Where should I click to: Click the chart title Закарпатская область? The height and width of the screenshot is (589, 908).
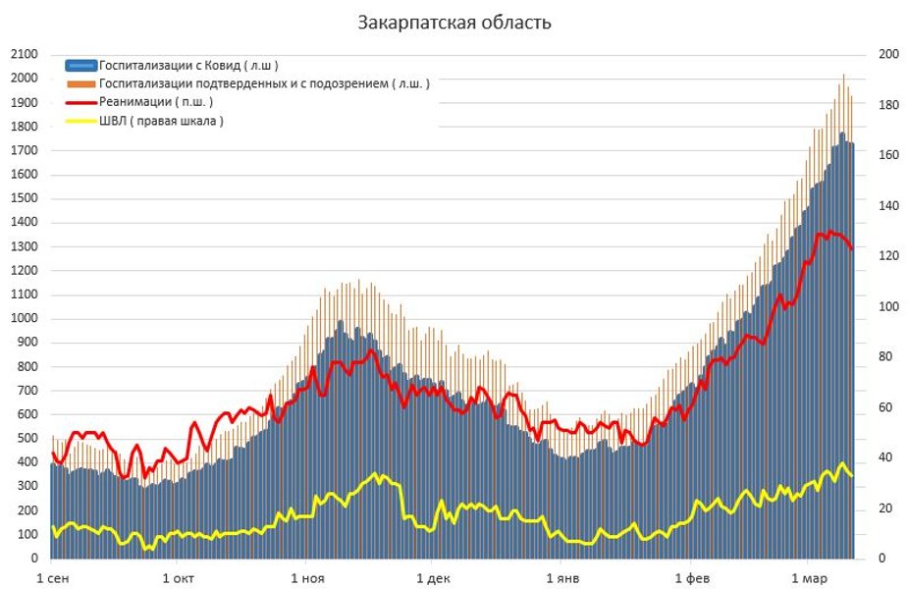[454, 23]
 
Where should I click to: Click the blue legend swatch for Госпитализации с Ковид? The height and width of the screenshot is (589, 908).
[81, 66]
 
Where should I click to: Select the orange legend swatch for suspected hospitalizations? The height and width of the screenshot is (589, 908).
[81, 84]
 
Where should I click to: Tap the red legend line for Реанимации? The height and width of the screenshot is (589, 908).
[81, 102]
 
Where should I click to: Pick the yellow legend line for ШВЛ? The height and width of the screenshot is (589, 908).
[81, 121]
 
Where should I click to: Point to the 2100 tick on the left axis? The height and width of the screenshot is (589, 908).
[24, 54]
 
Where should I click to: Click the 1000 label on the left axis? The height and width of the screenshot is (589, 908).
[24, 318]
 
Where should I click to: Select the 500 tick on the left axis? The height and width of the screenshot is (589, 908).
[27, 439]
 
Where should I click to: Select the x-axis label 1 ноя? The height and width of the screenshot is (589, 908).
[308, 577]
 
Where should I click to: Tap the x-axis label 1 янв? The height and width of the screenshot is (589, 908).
[563, 577]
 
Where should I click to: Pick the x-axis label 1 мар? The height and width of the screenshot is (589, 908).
[808, 577]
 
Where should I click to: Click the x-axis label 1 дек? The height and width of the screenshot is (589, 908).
[435, 577]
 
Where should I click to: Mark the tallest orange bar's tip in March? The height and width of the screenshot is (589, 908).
[843, 75]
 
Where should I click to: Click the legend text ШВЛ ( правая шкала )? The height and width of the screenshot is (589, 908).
[161, 121]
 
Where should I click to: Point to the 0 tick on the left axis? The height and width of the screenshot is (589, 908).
[33, 559]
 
